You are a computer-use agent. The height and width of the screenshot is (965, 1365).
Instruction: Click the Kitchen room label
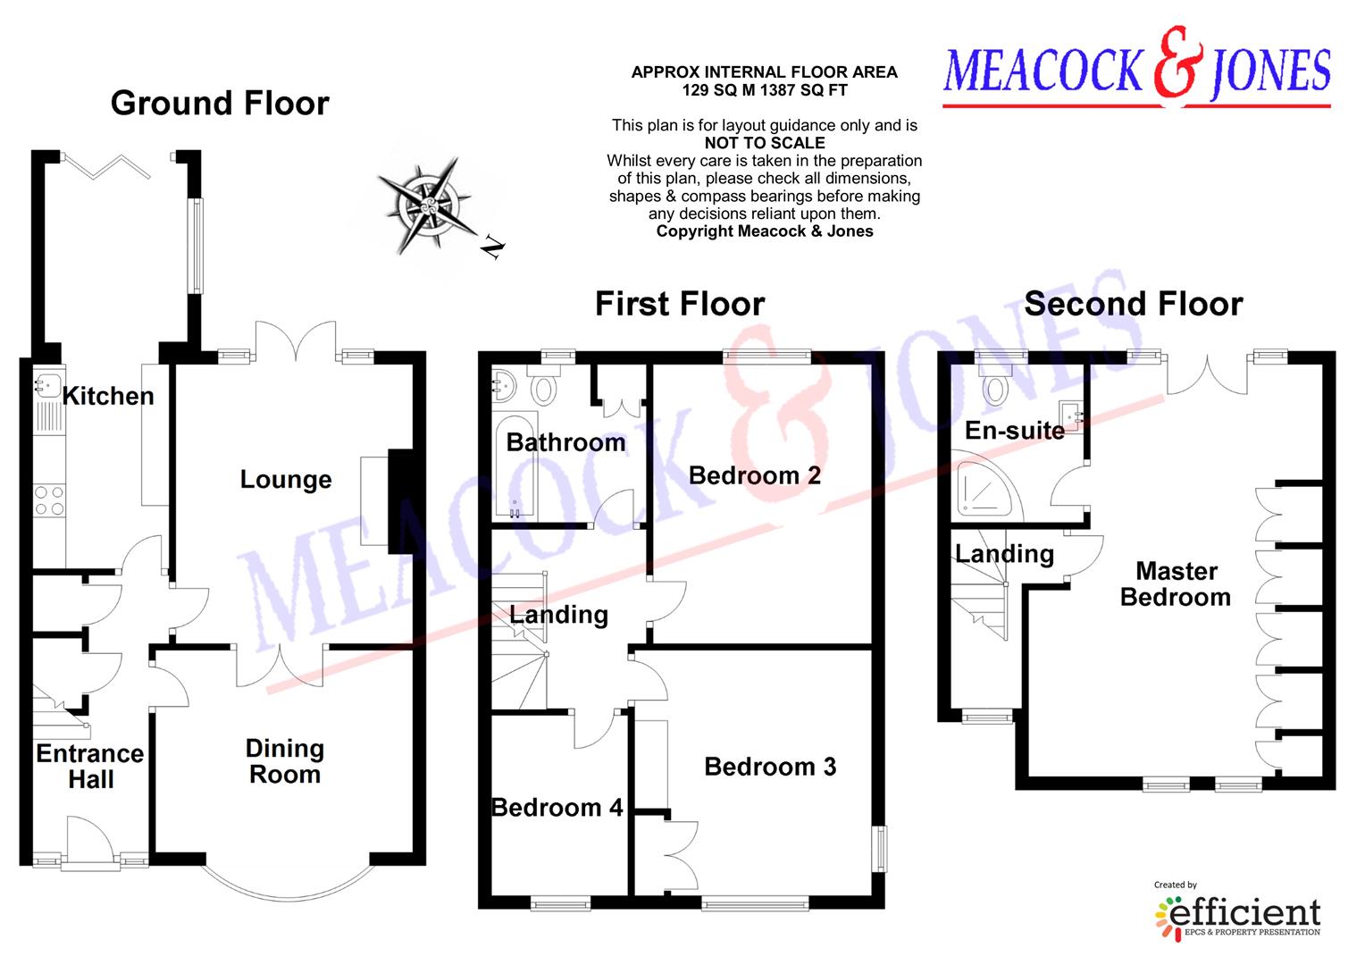[108, 396]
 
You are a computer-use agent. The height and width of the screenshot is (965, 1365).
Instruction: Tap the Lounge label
[286, 480]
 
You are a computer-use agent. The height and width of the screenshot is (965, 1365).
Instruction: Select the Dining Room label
[285, 761]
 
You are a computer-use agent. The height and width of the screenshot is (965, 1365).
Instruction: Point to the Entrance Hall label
[90, 767]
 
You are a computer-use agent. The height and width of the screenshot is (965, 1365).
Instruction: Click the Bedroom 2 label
[754, 475]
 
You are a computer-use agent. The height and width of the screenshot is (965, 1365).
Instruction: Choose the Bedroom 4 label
[557, 808]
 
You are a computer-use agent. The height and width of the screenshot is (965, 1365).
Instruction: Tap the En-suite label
[1015, 431]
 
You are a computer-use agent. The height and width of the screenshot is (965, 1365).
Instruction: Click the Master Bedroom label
[1176, 584]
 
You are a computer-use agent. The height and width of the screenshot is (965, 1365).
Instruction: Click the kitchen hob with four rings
[49, 499]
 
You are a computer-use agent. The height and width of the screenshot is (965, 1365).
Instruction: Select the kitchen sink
[48, 385]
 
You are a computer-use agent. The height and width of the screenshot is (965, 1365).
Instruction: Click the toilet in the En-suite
[995, 384]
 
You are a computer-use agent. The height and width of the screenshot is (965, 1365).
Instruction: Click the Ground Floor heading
[220, 103]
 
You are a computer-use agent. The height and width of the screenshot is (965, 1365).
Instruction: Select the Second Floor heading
[1134, 304]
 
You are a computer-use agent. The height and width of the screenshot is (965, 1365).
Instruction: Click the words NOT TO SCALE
[765, 143]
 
